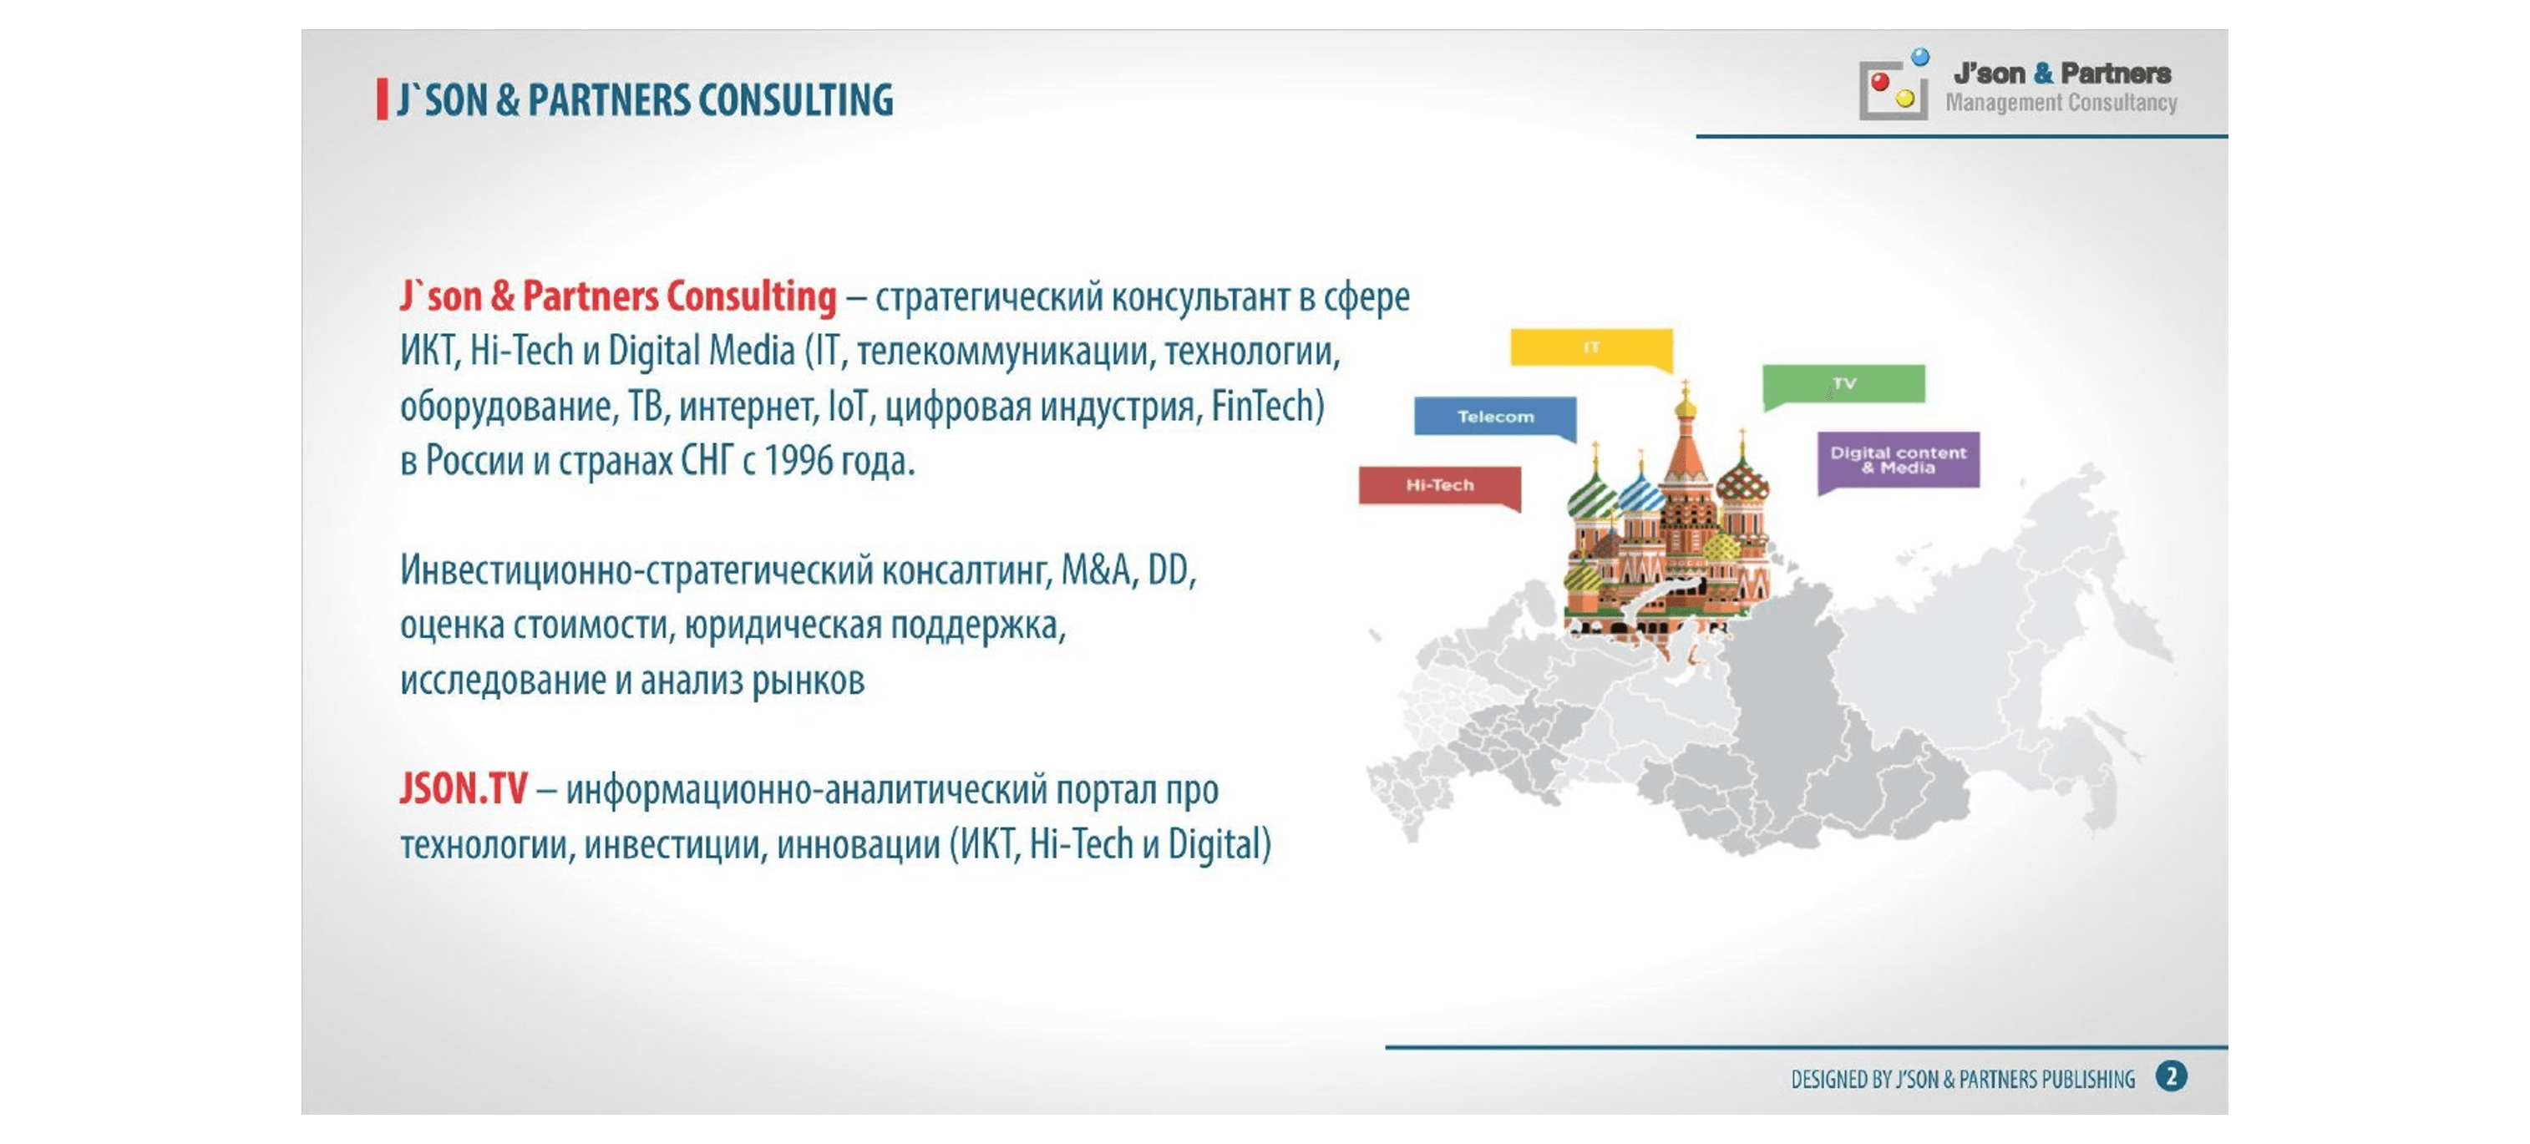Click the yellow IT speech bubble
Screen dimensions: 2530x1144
point(1591,347)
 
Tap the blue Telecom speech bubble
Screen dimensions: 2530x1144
point(1495,417)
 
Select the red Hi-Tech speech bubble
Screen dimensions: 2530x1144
point(1440,485)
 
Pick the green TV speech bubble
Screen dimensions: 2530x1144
point(1843,384)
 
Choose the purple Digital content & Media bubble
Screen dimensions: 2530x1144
point(1899,461)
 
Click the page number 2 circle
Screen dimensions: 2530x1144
point(2172,1077)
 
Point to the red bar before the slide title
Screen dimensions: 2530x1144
point(382,100)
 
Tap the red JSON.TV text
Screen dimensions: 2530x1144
point(464,788)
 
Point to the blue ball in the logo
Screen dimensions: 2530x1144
point(1920,57)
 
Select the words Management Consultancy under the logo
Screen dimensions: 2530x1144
point(2061,102)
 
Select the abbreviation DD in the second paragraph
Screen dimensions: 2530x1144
point(1169,569)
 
